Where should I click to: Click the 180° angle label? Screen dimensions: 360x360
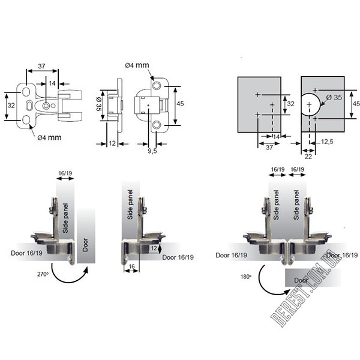245,278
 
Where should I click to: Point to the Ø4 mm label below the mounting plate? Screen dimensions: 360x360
49,137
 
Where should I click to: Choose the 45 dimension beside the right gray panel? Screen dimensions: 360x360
355,104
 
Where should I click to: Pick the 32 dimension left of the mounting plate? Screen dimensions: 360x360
11,104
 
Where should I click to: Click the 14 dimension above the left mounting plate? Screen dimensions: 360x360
52,83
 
